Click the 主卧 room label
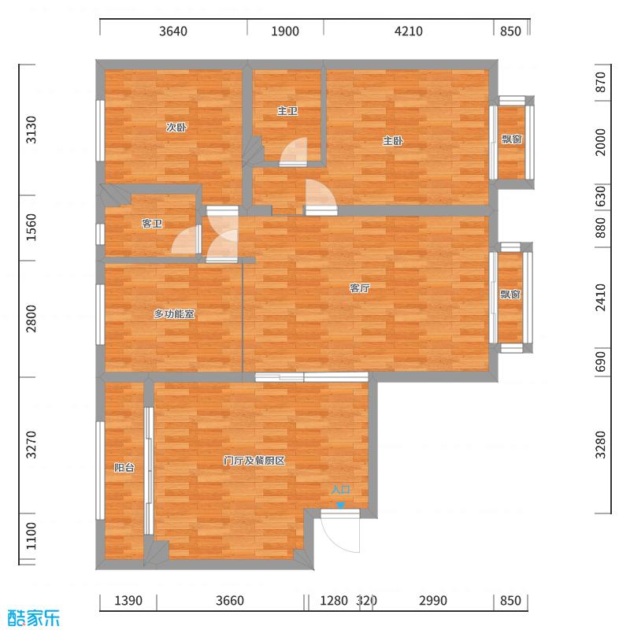[393, 141]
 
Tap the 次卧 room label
[176, 128]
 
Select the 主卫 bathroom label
[287, 110]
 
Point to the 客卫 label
[152, 224]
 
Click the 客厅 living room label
[360, 288]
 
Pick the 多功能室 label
[174, 313]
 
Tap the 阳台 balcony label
[124, 467]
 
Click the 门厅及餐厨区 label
[254, 461]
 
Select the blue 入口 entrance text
[340, 489]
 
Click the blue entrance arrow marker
[340, 506]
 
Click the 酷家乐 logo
[33, 617]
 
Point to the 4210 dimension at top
[408, 31]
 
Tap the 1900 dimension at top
[285, 31]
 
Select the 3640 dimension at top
[173, 31]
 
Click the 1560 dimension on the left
[31, 228]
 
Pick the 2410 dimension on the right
[600, 298]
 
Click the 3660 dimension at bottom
[230, 601]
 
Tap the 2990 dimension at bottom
[432, 601]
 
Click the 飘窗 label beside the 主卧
[511, 139]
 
